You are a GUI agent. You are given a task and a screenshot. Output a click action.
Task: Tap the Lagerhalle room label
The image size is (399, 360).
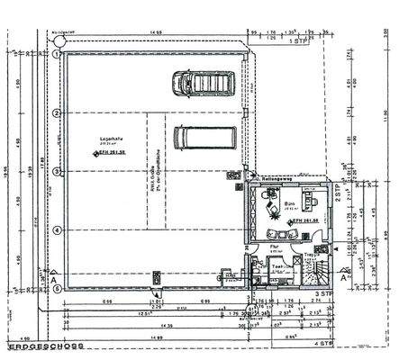click(111, 138)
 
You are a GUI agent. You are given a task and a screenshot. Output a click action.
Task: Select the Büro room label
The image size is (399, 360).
click(291, 206)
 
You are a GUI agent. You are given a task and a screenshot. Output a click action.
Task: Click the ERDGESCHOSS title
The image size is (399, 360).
click(42, 345)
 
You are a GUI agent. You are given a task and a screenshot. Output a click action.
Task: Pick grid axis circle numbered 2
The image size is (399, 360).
click(57, 112)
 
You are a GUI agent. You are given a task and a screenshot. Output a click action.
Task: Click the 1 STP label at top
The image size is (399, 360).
click(293, 40)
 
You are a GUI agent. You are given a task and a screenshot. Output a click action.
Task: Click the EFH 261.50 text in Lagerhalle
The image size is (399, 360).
click(115, 154)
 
